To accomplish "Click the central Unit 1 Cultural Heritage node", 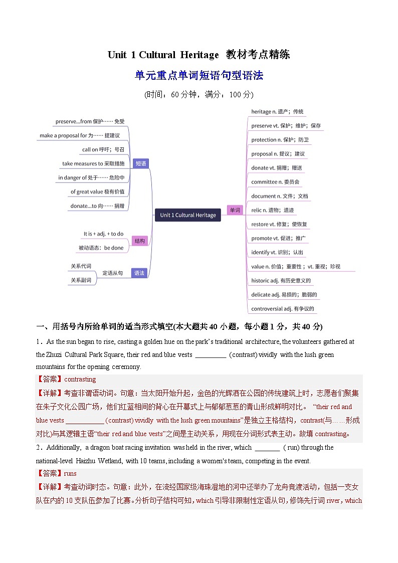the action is (x=188, y=215).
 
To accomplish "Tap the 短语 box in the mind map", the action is (x=141, y=163).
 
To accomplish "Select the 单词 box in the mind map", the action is (x=235, y=211).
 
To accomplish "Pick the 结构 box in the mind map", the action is (x=140, y=241).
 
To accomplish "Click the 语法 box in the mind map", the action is (x=139, y=273).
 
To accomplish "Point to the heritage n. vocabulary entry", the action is (x=277, y=112).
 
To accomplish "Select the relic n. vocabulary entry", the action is (x=272, y=210).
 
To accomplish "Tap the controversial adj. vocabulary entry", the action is (x=282, y=309).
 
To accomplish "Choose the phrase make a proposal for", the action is (x=80, y=135).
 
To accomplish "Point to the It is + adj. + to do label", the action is (x=103, y=234).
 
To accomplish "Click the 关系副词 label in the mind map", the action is (x=81, y=280).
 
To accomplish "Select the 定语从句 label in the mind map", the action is (x=112, y=273).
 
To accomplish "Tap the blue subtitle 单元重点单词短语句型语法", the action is (x=199, y=76).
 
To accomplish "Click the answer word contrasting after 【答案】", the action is (x=80, y=380).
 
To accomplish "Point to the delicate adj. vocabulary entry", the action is (x=284, y=295).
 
